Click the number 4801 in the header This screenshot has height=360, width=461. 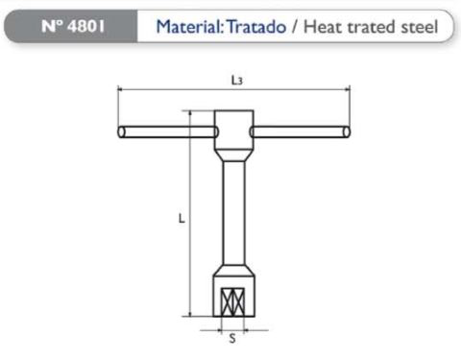[85, 26]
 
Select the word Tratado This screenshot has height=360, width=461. [256, 27]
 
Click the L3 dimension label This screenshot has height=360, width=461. [236, 81]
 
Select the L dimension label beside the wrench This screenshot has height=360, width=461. [182, 218]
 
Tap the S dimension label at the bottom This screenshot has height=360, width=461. [232, 338]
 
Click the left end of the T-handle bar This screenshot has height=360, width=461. [121, 132]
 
